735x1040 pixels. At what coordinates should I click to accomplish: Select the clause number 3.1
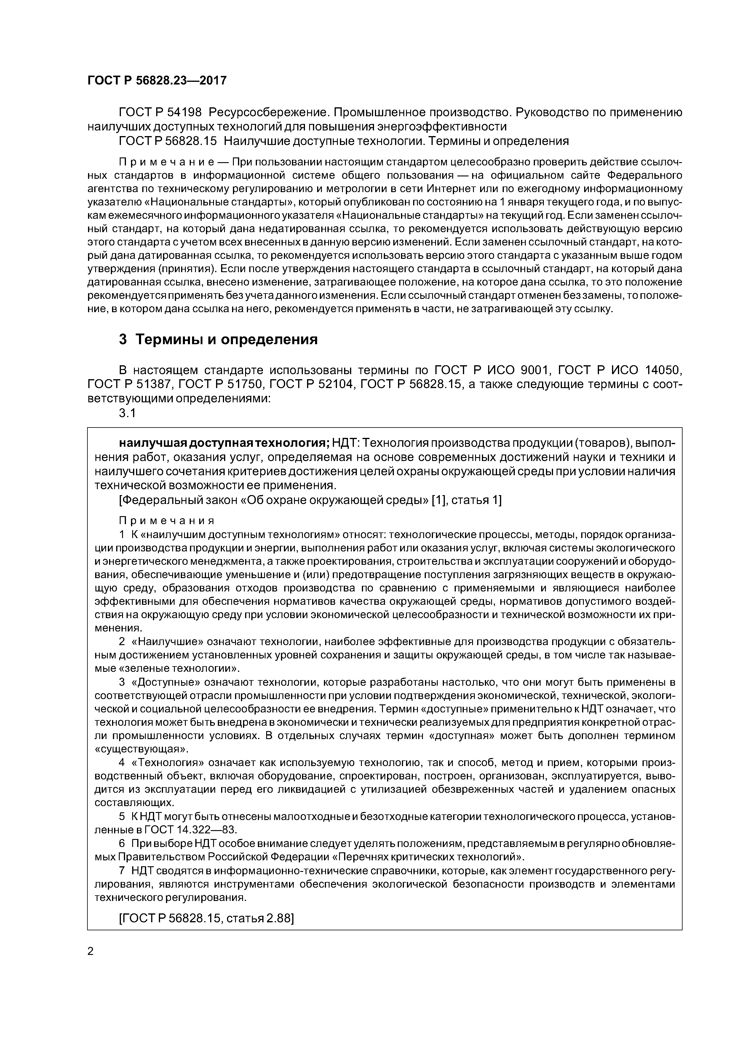[127, 413]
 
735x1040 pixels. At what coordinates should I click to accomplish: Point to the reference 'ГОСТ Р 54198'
[160, 111]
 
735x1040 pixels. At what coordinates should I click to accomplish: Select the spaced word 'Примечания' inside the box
[166, 521]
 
